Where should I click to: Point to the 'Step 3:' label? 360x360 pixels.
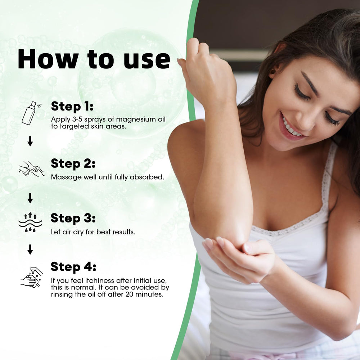73,218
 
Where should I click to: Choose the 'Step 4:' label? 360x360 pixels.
73,267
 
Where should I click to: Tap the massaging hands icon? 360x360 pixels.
31,168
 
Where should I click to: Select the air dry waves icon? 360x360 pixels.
30,222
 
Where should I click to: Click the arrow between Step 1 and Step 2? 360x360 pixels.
30,141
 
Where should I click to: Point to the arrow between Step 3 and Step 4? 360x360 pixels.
30,249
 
